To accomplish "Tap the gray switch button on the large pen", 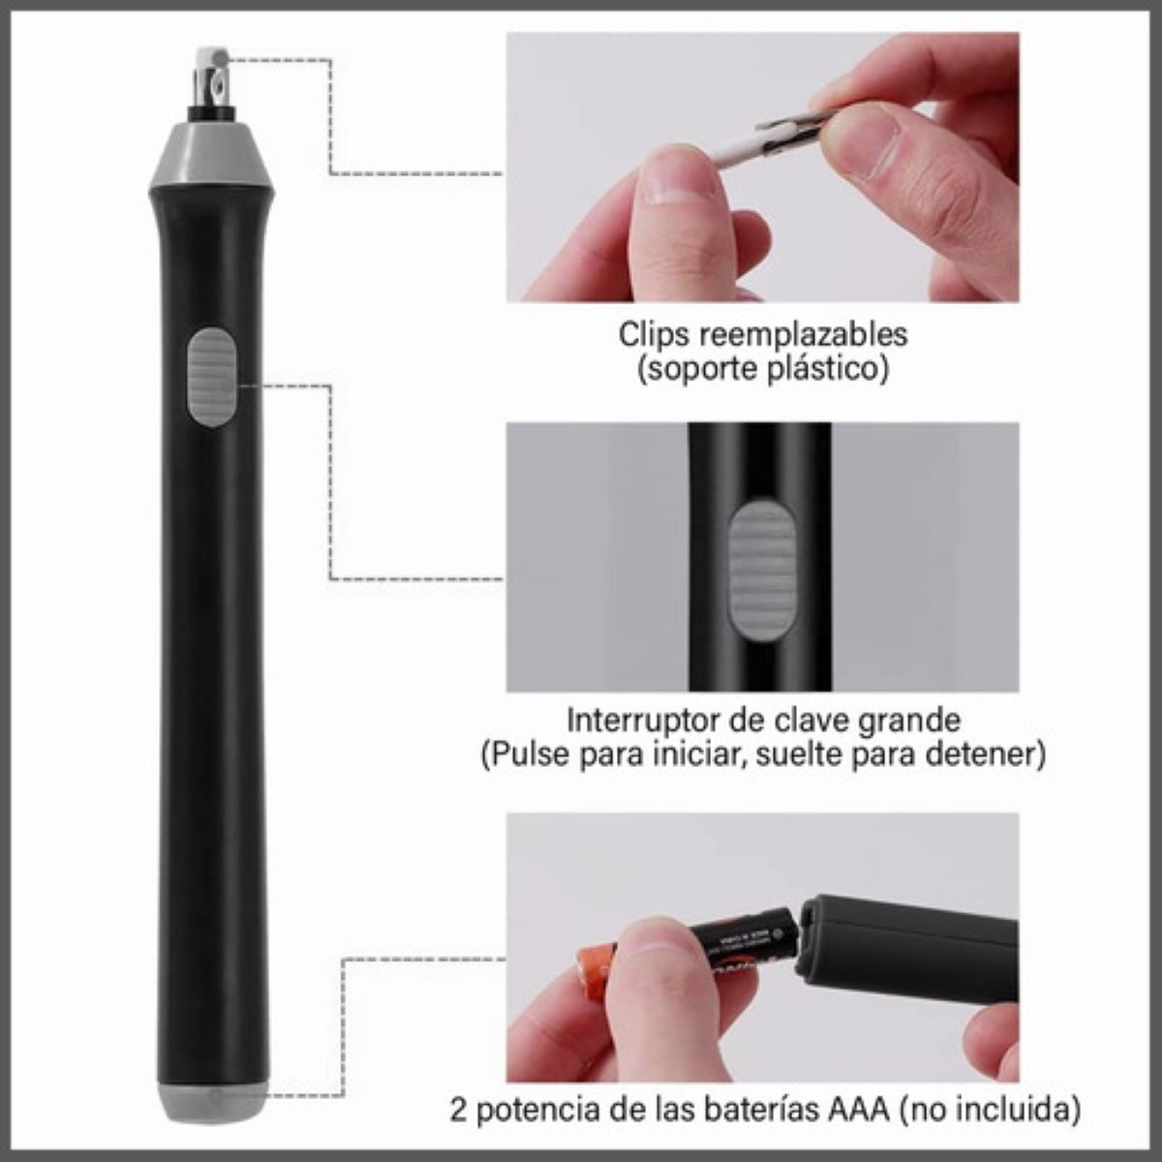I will pos(211,378).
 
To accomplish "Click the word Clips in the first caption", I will pos(654,334).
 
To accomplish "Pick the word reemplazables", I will pos(802,334).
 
